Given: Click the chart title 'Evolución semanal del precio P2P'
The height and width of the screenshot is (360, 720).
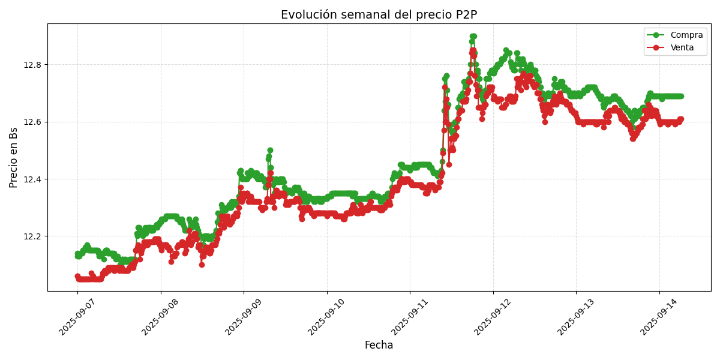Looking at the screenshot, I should pyautogui.click(x=379, y=15).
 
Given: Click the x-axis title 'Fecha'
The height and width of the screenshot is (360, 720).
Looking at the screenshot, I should pyautogui.click(x=379, y=346).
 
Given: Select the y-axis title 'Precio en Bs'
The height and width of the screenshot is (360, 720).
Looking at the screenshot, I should pyautogui.click(x=14, y=157).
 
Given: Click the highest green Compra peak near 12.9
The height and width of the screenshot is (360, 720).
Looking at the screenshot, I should pyautogui.click(x=473, y=37).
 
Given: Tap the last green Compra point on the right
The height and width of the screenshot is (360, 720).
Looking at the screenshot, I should pyautogui.click(x=680, y=96).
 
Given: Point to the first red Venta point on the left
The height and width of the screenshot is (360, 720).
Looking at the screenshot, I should pyautogui.click(x=77, y=277).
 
